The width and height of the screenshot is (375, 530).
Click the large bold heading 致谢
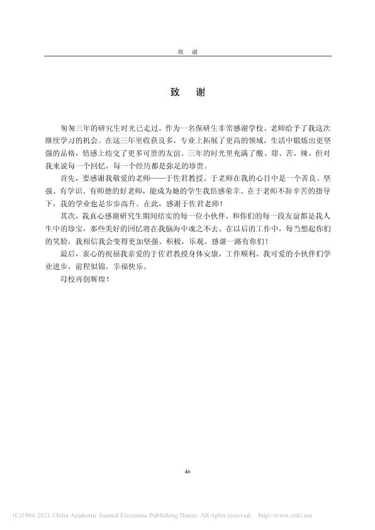[187, 92]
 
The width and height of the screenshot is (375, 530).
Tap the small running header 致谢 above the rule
[187, 50]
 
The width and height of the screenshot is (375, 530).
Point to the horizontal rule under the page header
[187, 57]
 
